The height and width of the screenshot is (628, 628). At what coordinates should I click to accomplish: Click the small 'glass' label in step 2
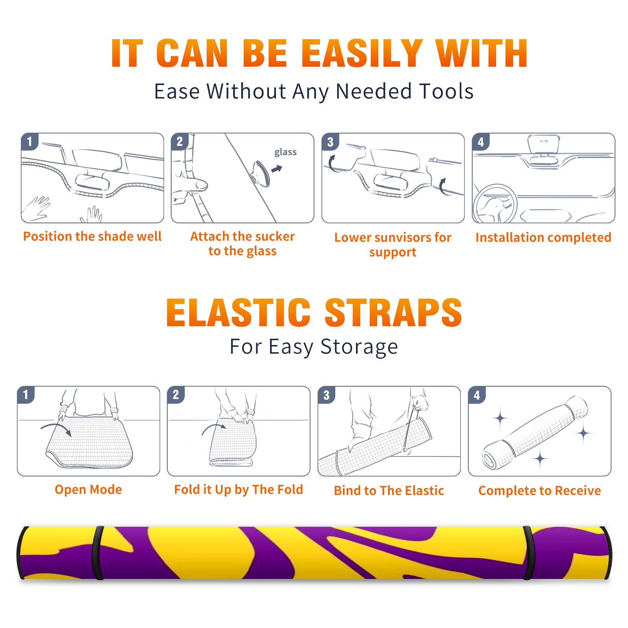285,152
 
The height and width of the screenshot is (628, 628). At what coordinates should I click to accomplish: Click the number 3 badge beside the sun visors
330,142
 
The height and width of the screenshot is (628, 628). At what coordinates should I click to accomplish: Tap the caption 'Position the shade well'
92,236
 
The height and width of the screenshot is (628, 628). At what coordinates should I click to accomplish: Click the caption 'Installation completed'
543,237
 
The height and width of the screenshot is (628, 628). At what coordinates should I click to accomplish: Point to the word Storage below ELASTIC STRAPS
359,347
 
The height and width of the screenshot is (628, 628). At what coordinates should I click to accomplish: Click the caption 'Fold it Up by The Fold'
239,489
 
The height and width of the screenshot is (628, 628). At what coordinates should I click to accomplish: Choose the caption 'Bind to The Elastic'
389,491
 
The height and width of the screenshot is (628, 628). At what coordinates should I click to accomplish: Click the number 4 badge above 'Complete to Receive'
477,395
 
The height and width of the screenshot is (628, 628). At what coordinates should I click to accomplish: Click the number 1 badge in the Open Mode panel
26,395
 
